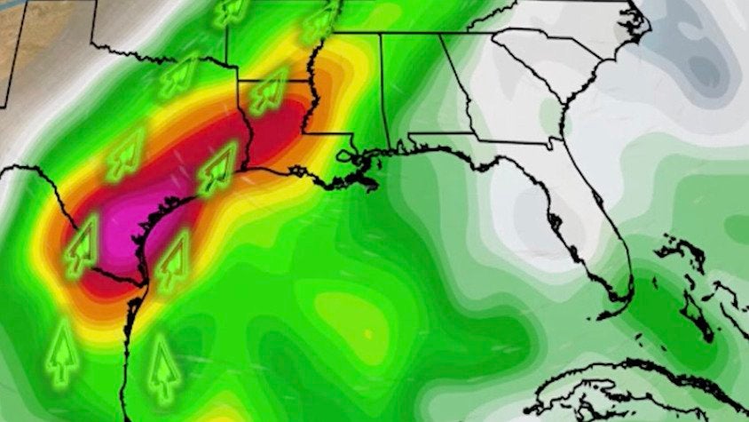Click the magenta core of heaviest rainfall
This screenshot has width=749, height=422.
[x=133, y=222]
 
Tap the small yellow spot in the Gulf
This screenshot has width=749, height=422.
[x=367, y=333]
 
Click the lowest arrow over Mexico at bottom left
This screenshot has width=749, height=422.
[x=60, y=351]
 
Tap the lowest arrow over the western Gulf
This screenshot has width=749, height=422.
[x=162, y=364]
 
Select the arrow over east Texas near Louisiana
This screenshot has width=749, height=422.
[x=218, y=169]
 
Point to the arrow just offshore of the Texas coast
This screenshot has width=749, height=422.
[x=174, y=254]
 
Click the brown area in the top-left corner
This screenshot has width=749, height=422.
[x=18, y=36]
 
